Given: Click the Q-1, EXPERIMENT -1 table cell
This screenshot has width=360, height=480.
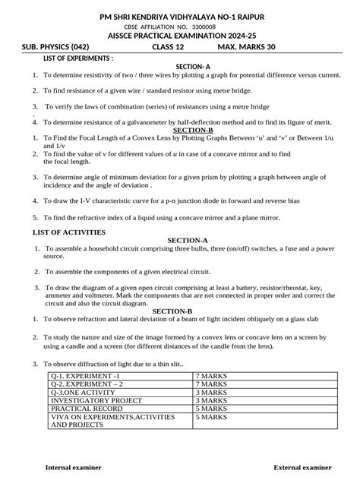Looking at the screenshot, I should pyautogui.click(x=85, y=376).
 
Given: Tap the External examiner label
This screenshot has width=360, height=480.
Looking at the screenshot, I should pyautogui.click(x=303, y=466).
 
